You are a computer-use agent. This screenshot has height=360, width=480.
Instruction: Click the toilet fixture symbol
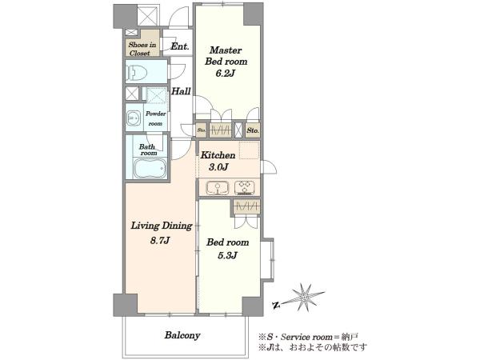[x=137, y=73]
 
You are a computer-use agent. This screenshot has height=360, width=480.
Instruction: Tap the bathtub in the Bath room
[x=150, y=168]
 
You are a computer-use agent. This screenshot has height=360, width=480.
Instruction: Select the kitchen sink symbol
[x=217, y=187]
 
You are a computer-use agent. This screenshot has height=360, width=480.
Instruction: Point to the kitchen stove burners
[x=244, y=187]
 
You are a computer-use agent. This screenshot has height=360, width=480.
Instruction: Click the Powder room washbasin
[x=133, y=118]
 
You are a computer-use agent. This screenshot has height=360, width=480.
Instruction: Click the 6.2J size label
[x=225, y=74]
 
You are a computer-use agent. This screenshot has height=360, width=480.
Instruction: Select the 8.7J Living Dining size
[x=160, y=240]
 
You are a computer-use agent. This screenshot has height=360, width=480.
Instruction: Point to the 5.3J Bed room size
[x=227, y=255]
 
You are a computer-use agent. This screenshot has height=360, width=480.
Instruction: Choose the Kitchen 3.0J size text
[x=218, y=167]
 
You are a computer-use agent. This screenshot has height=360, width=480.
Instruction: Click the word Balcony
[x=182, y=335]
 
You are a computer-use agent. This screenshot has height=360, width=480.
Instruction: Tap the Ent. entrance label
[x=180, y=46]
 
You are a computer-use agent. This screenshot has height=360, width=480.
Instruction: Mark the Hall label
[x=181, y=91]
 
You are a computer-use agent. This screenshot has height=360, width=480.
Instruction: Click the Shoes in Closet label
[x=142, y=49]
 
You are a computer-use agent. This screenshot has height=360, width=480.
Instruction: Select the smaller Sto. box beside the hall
[x=202, y=130]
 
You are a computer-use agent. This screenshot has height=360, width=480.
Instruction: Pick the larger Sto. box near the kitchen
[x=253, y=130]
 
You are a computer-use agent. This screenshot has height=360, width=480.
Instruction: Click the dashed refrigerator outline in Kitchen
[x=249, y=150]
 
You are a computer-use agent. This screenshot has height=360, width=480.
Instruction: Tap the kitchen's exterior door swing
[x=270, y=167]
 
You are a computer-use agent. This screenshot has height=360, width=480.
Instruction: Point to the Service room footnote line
[x=308, y=338]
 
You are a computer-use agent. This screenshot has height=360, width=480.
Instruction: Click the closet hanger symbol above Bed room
[x=246, y=207]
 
